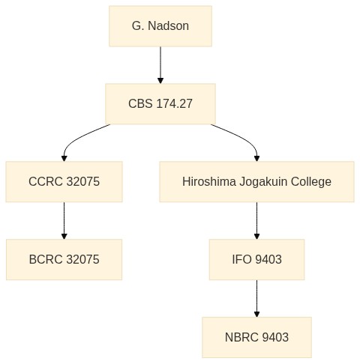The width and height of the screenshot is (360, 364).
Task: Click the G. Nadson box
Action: (160, 26)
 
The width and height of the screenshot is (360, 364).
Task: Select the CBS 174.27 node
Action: (160, 104)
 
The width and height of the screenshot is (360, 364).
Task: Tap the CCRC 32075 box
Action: (64, 181)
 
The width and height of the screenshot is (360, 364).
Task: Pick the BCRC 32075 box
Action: (64, 259)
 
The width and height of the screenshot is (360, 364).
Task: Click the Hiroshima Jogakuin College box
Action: (256, 181)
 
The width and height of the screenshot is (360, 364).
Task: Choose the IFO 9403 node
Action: (256, 259)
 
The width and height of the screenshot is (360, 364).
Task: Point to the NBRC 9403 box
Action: (256, 337)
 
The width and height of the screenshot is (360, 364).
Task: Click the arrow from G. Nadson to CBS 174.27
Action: (160, 65)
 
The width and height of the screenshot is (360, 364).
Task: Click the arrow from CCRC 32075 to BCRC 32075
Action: (64, 221)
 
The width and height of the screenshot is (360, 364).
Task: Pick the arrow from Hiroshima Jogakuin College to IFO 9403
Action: (256, 221)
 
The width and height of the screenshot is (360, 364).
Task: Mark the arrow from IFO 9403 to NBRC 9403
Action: (256, 299)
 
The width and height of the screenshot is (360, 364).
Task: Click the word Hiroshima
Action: (209, 181)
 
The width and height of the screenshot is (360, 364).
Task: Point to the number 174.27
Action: (175, 103)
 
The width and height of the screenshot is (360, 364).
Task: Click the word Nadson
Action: (168, 25)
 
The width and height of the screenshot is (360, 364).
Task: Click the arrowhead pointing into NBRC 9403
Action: (256, 315)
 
